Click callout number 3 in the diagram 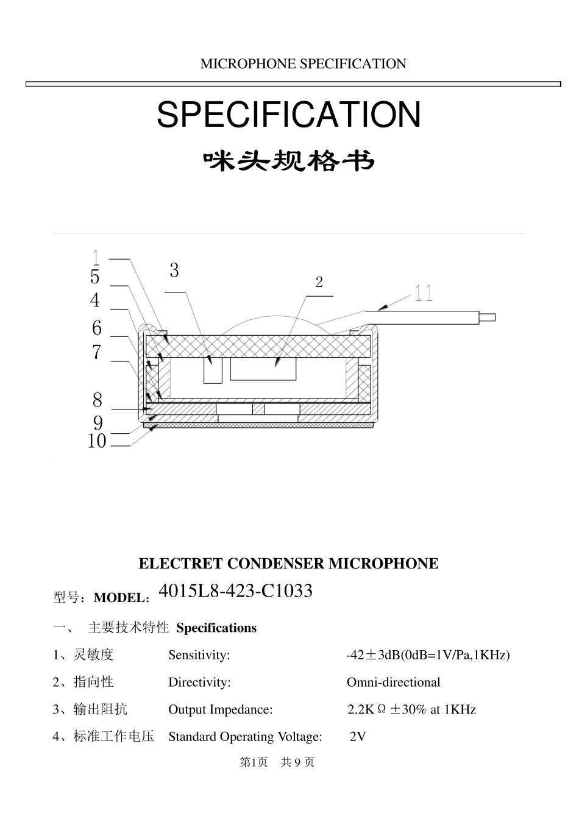click(x=174, y=271)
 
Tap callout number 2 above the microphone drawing click(x=319, y=282)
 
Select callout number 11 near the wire click(x=424, y=294)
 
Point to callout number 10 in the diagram click(x=97, y=441)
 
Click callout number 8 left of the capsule click(x=98, y=400)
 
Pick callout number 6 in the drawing click(x=97, y=328)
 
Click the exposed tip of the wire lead click(x=488, y=317)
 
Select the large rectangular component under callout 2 click(x=263, y=369)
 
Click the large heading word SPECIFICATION click(x=289, y=115)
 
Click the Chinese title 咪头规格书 click(x=288, y=161)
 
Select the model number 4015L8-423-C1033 click(x=235, y=590)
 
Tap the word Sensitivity click(x=199, y=655)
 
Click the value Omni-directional click(x=393, y=682)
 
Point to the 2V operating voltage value click(x=358, y=737)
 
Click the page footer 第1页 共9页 click(x=277, y=762)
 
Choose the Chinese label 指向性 click(x=93, y=682)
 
